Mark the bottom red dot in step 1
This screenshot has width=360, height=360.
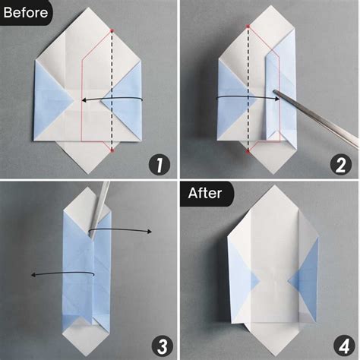point(112,150)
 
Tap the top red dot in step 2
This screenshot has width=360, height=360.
point(248,26)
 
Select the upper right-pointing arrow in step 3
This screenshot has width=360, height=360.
point(122,232)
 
